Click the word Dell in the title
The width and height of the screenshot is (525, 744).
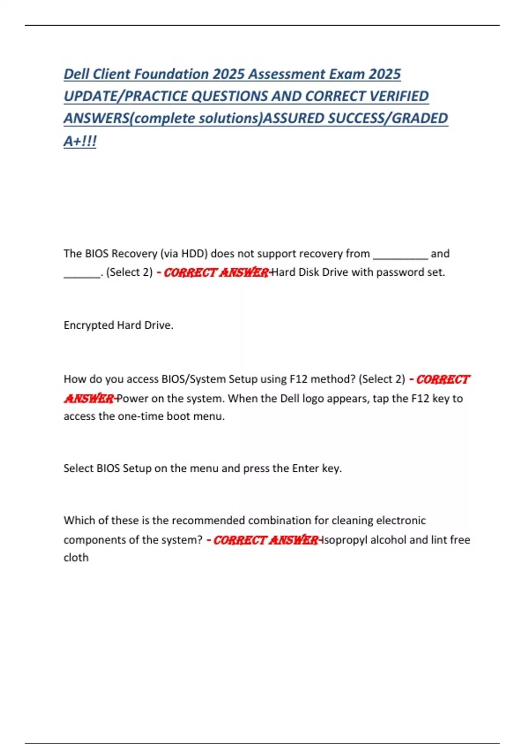pos(77,74)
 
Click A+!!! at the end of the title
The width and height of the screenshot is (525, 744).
pos(80,141)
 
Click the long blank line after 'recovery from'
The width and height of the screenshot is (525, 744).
pos(400,256)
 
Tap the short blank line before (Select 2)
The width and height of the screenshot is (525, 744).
pos(82,275)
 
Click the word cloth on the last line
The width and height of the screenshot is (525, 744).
pos(76,558)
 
